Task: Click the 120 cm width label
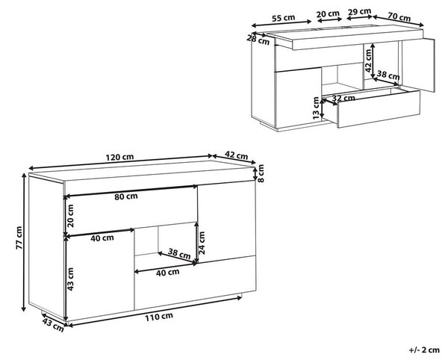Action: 119,157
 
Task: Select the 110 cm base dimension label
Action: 159,317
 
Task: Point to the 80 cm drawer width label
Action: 126,196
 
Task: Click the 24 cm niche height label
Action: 202,243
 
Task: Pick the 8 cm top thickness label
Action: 261,173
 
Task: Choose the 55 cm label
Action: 283,18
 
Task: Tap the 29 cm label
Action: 359,12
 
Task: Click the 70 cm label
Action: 399,17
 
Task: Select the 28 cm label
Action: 258,40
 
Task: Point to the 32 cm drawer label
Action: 343,99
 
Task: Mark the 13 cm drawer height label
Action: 316,108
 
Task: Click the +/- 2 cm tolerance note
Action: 424,350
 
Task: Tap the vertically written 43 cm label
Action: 70,279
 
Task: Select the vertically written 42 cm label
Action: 368,60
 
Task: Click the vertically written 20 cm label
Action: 70,216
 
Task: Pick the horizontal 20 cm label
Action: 328,13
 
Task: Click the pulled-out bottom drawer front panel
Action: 379,109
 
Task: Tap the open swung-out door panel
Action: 418,65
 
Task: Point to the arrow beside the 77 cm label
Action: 24,242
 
